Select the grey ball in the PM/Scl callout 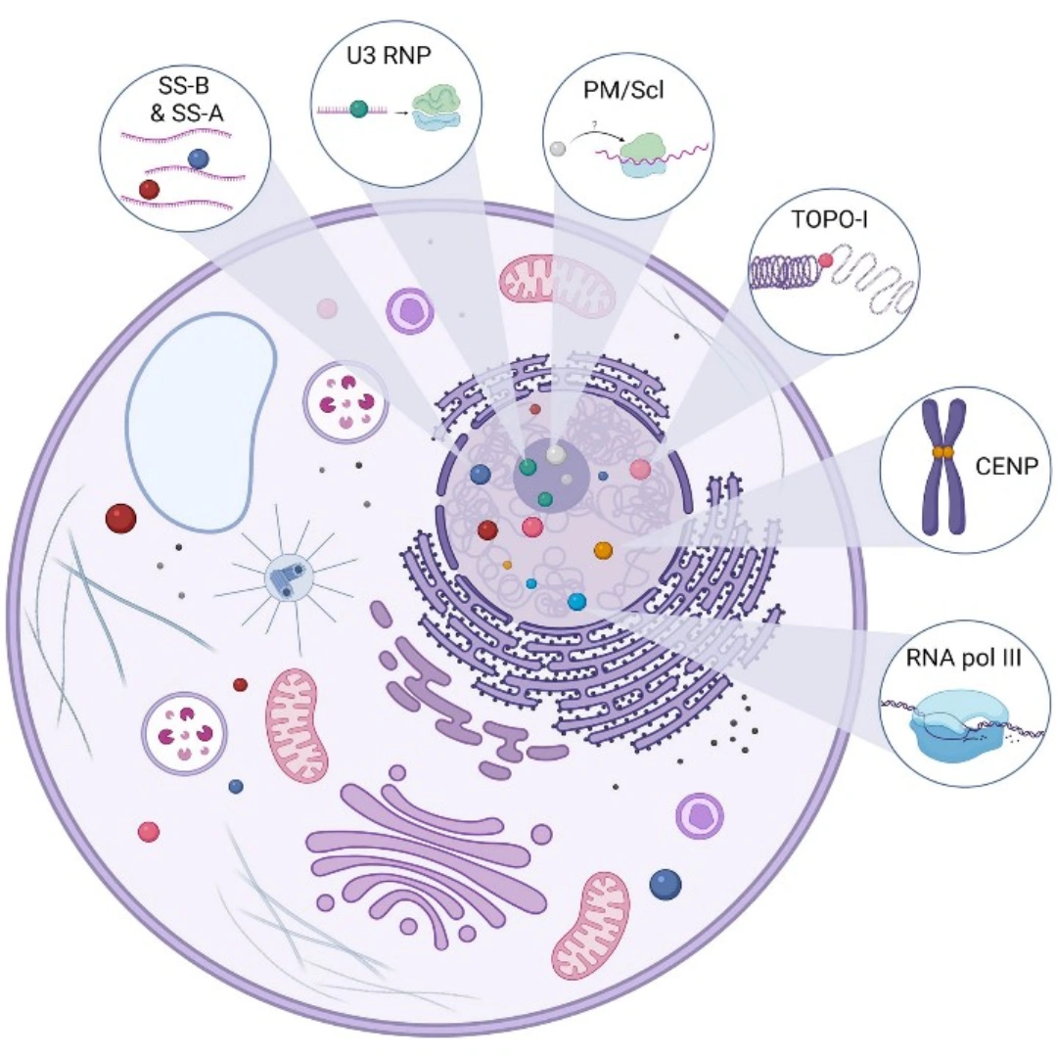pos(558,149)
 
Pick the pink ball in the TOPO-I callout pos(826,260)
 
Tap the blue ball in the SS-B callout pos(199,158)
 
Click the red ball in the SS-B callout pos(149,188)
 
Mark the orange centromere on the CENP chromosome pos(942,452)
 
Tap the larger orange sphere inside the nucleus pos(603,550)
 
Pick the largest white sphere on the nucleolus pos(556,454)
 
